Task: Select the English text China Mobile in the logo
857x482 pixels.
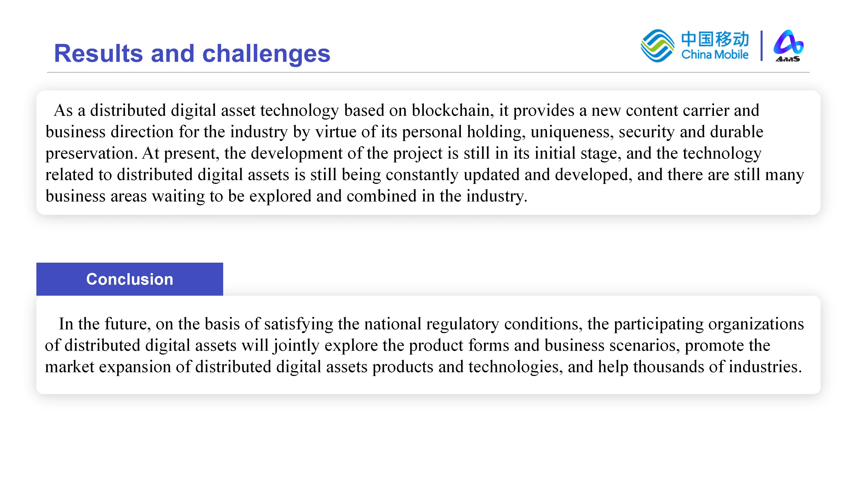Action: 715,54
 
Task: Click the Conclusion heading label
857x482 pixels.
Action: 130,279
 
